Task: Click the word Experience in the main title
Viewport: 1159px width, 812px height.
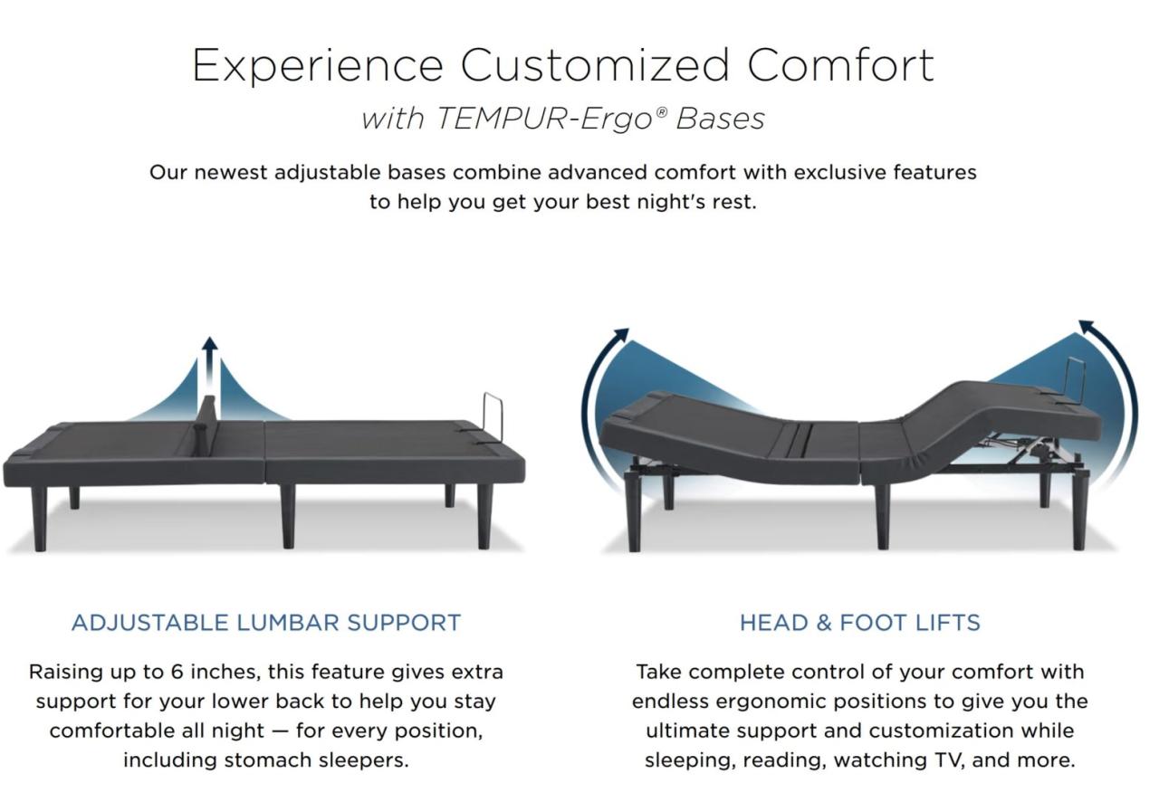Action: [317, 66]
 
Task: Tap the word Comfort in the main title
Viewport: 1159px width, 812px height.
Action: [840, 66]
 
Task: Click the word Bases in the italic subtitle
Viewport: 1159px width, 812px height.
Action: [720, 119]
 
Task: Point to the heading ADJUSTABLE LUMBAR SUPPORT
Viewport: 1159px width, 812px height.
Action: [266, 623]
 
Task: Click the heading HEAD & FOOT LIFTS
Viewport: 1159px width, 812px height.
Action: [859, 623]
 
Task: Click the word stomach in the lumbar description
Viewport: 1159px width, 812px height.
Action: [268, 759]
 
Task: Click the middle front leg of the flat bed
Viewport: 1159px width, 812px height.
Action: [287, 516]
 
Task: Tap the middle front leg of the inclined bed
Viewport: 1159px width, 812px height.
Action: [882, 517]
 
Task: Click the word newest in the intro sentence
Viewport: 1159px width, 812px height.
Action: [231, 172]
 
